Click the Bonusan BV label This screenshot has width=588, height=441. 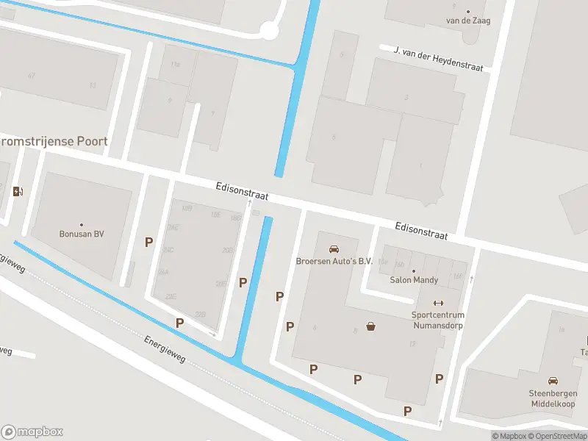pyautogui.click(x=82, y=234)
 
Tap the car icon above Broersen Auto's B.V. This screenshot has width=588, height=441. pyautogui.click(x=334, y=248)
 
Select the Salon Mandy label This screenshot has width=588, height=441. pyautogui.click(x=414, y=280)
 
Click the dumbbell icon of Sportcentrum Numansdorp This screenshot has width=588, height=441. pyautogui.click(x=438, y=303)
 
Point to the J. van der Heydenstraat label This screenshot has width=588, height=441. pyautogui.click(x=438, y=60)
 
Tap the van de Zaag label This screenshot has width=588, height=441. pyautogui.click(x=468, y=21)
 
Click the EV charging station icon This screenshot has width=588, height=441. pyautogui.click(x=18, y=192)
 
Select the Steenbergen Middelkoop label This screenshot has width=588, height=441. pyautogui.click(x=551, y=398)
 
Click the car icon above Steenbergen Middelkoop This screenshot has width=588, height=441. pyautogui.click(x=553, y=381)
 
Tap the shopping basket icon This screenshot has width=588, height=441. pyautogui.click(x=372, y=326)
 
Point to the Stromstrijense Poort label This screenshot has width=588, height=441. pyautogui.click(x=54, y=141)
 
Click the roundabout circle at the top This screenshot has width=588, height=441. pyautogui.click(x=270, y=31)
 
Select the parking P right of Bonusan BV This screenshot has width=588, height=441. pyautogui.click(x=149, y=242)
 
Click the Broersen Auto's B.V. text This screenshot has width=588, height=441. pyautogui.click(x=334, y=261)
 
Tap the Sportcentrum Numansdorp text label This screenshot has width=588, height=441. pyautogui.click(x=438, y=320)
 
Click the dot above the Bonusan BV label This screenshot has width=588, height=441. pyautogui.click(x=82, y=224)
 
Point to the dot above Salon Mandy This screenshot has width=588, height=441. pyautogui.click(x=414, y=270)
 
